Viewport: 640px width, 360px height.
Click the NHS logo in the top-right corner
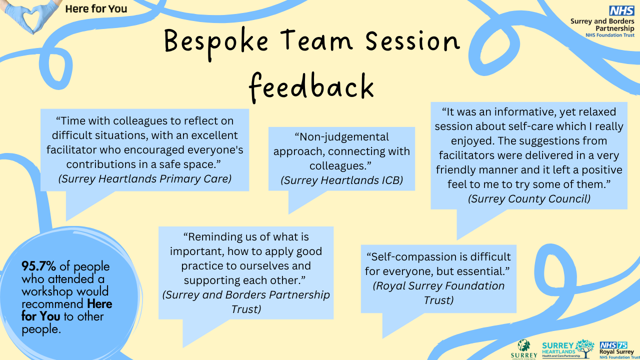[621, 10]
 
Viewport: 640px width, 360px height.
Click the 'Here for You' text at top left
[96, 9]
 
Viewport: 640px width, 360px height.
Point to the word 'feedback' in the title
[311, 87]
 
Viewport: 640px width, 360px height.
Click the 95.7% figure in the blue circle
[39, 266]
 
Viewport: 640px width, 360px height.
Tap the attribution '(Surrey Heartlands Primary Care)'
[145, 179]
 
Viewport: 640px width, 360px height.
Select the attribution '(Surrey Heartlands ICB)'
[341, 180]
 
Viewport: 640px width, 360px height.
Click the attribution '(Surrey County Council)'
[529, 199]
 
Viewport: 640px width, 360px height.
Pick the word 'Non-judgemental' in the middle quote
[341, 137]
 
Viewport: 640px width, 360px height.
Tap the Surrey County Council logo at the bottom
[524, 349]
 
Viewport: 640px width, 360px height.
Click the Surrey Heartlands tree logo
[568, 348]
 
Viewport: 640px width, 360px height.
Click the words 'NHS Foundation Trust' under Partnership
[609, 35]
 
